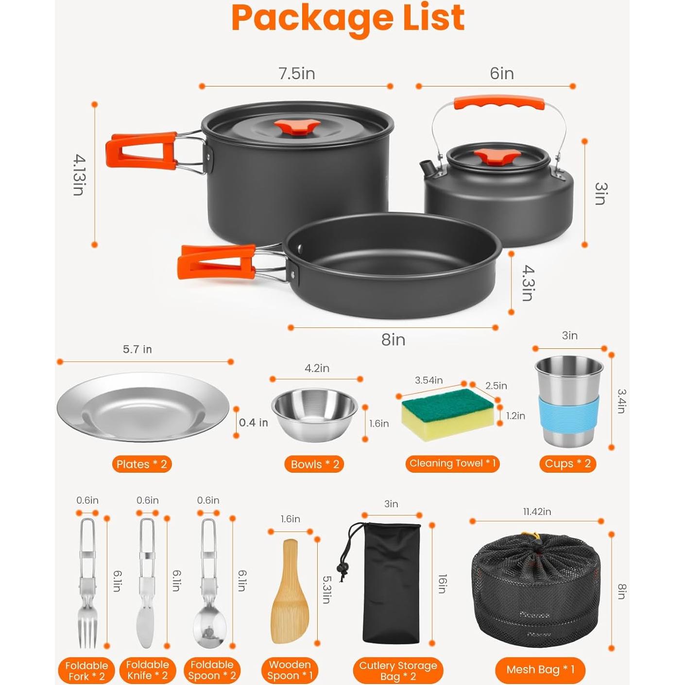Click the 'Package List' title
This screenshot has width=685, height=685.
point(348,18)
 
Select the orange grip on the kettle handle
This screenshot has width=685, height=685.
point(499,103)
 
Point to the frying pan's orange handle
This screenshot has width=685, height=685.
point(216,262)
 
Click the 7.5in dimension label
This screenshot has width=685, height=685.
point(296,73)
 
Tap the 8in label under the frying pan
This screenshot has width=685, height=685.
point(393,340)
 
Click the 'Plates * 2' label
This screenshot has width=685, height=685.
point(142,464)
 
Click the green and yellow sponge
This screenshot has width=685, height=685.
point(447,413)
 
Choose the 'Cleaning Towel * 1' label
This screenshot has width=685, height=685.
point(452,463)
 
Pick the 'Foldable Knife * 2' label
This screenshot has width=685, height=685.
point(147,670)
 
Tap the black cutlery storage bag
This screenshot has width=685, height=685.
point(391,583)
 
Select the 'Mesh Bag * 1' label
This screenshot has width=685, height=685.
point(540,670)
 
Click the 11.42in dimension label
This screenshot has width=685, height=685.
point(537,512)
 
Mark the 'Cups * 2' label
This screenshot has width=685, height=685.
point(567,463)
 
